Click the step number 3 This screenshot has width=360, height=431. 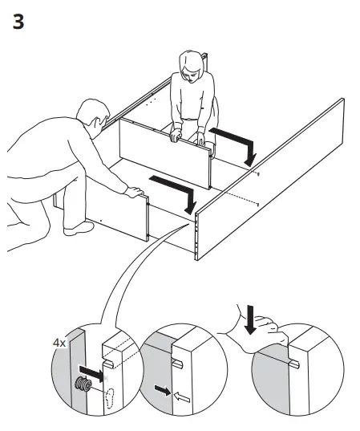click(18, 22)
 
